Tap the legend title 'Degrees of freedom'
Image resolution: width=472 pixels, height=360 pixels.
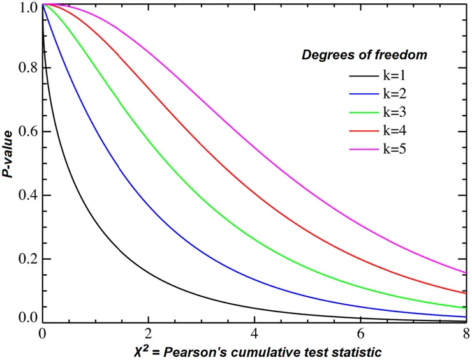point(364,56)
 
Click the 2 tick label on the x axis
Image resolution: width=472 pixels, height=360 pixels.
point(148,333)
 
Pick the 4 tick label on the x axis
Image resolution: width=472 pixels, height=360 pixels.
point(254,333)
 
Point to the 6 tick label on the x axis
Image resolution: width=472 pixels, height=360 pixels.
point(360,333)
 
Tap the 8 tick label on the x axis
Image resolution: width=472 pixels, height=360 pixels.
point(466,333)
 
